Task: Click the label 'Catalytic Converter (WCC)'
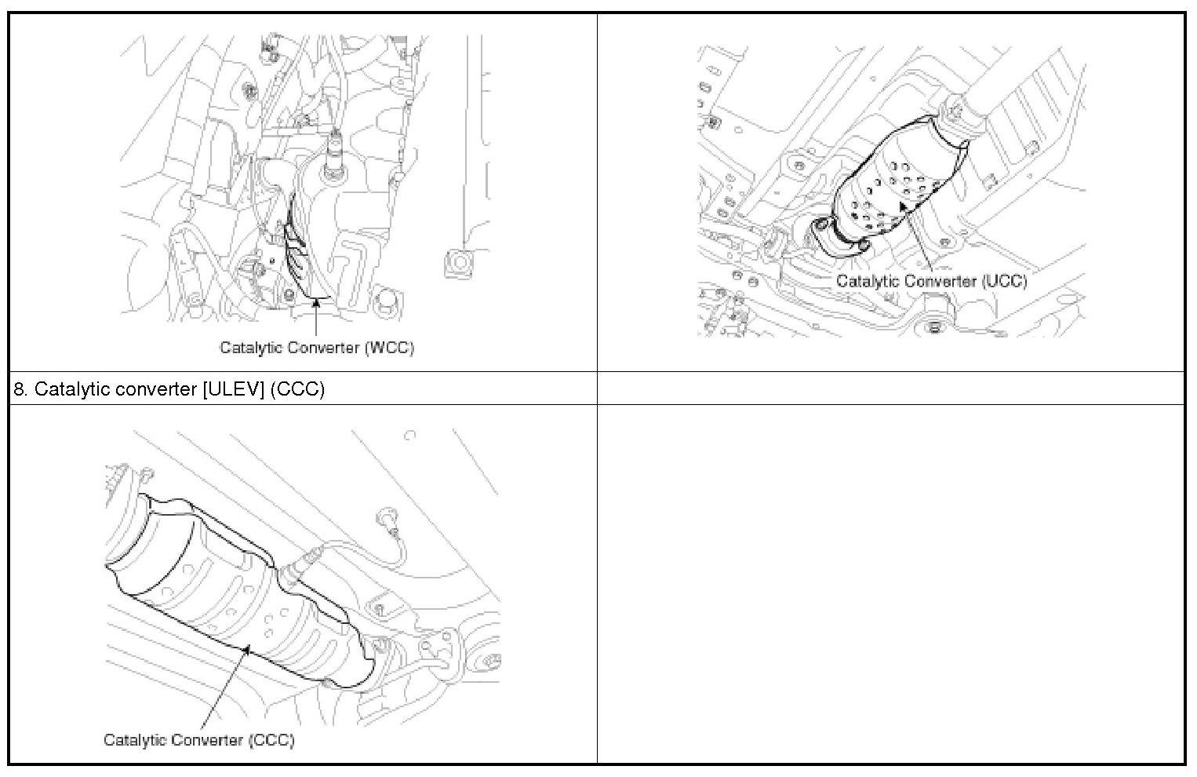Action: [x=317, y=348]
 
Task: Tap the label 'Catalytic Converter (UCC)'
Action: [x=931, y=281]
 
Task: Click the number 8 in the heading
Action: [x=20, y=388]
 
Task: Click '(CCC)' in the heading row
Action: [x=297, y=389]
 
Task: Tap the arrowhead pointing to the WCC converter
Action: [x=316, y=304]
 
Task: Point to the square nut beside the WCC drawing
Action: [x=460, y=264]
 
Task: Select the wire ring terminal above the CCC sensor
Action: [x=387, y=518]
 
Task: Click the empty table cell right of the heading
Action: [x=891, y=388]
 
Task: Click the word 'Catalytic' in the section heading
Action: [x=73, y=389]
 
